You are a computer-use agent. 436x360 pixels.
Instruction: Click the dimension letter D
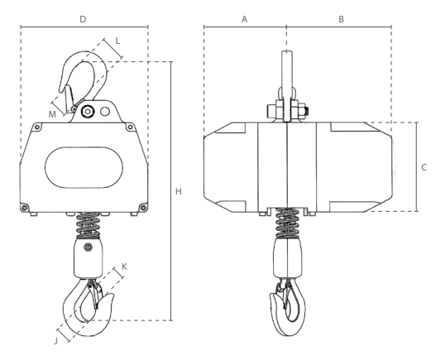(83, 19)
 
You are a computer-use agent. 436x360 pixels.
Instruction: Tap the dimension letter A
(244, 19)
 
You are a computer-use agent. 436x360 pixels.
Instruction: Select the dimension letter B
(341, 19)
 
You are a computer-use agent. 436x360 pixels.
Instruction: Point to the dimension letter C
(424, 167)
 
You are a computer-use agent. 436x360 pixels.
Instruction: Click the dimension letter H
(179, 191)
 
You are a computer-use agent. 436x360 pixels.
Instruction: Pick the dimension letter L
(117, 41)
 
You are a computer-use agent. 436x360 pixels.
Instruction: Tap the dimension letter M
(52, 114)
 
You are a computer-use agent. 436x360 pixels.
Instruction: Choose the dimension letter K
(124, 266)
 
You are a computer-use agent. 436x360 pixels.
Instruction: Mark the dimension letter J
(56, 341)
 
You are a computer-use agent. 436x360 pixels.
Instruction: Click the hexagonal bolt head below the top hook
(88, 112)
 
